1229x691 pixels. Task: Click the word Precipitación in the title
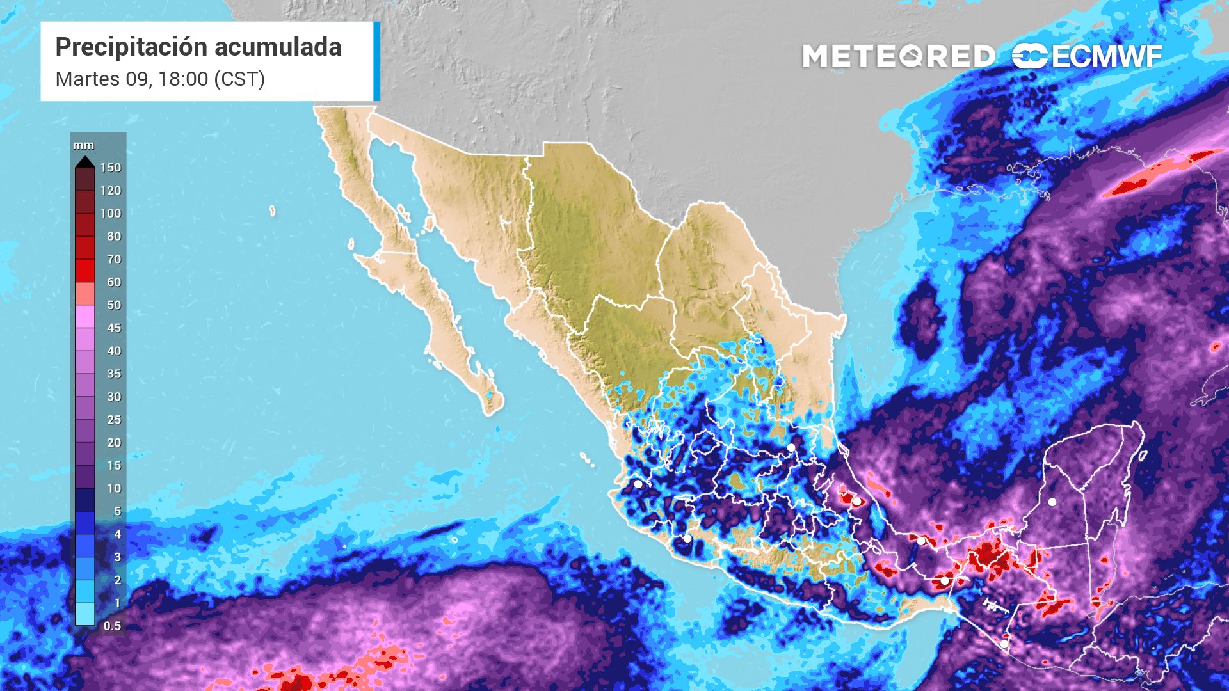(x=131, y=47)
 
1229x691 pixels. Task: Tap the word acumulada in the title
(x=277, y=47)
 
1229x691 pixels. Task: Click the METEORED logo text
(x=898, y=56)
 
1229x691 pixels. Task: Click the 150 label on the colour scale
(x=110, y=168)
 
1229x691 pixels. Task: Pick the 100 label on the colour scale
(x=110, y=214)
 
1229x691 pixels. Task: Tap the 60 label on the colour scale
(x=113, y=282)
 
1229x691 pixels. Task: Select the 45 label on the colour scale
(x=113, y=328)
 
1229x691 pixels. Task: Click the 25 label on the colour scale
(x=113, y=420)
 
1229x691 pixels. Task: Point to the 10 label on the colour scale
(x=113, y=489)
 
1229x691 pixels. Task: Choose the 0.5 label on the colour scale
(x=112, y=626)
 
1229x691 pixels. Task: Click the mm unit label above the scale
(x=83, y=146)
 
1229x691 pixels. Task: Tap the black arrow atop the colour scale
(x=84, y=162)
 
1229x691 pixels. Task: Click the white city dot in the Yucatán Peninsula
(x=1052, y=502)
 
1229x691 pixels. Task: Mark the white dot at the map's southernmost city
(x=1004, y=644)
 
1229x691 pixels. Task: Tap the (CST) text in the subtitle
(x=239, y=79)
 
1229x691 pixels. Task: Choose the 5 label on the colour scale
(x=117, y=511)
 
